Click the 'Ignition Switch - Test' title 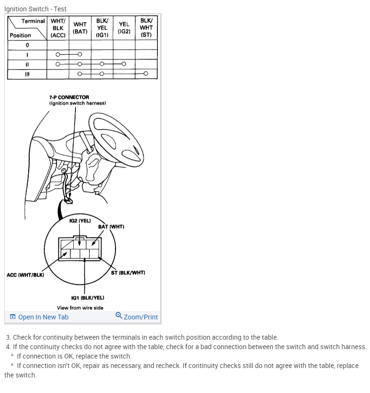click(x=35, y=9)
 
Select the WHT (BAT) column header click(x=80, y=28)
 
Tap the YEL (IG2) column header click(x=124, y=28)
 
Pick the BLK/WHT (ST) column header click(x=146, y=28)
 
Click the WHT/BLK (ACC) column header click(x=58, y=28)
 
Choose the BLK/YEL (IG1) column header click(x=102, y=28)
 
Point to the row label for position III click(x=27, y=74)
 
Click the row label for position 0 click(x=27, y=45)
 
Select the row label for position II click(x=27, y=64)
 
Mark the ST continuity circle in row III click(x=146, y=74)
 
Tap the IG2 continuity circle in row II click(x=123, y=64)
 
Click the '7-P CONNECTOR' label click(x=69, y=97)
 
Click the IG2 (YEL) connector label click(x=80, y=220)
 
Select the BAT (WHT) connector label click(x=111, y=226)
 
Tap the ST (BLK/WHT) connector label click(x=128, y=273)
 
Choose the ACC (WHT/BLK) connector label click(x=25, y=275)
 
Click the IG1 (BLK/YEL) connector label click(x=88, y=298)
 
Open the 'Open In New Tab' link click(x=39, y=317)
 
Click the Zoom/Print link click(x=137, y=317)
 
